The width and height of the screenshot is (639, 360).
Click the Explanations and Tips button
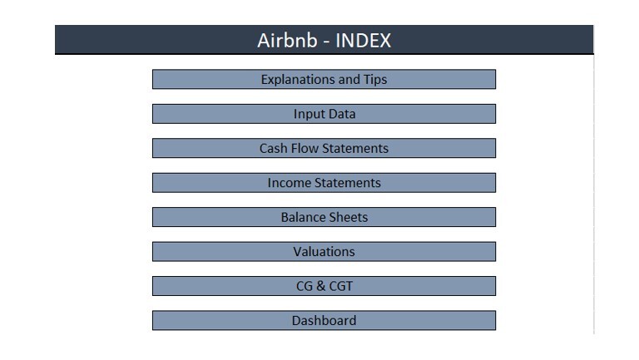pyautogui.click(x=324, y=79)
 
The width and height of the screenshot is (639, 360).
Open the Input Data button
pyautogui.click(x=324, y=114)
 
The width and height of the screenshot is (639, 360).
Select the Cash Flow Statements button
pyautogui.click(x=324, y=148)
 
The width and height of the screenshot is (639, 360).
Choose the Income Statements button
pyautogui.click(x=324, y=182)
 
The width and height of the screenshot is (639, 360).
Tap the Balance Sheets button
pyautogui.click(x=324, y=217)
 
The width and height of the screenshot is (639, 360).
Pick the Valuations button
pyautogui.click(x=324, y=251)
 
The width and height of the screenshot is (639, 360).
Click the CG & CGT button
pyautogui.click(x=324, y=286)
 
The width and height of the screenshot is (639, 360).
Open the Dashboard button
pyautogui.click(x=324, y=320)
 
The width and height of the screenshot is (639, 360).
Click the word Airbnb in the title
pyautogui.click(x=287, y=40)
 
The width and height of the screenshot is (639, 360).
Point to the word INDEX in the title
pyautogui.click(x=363, y=40)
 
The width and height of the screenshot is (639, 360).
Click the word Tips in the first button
pyautogui.click(x=375, y=80)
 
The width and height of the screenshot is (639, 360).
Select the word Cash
pyautogui.click(x=274, y=148)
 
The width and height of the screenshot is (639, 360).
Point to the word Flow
pyautogui.click(x=304, y=148)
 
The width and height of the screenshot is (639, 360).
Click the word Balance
pyautogui.click(x=300, y=217)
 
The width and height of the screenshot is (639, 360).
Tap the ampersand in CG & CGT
pyautogui.click(x=321, y=286)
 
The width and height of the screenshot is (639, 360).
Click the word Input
pyautogui.click(x=306, y=114)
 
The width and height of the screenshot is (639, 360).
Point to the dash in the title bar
pyautogui.click(x=326, y=42)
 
